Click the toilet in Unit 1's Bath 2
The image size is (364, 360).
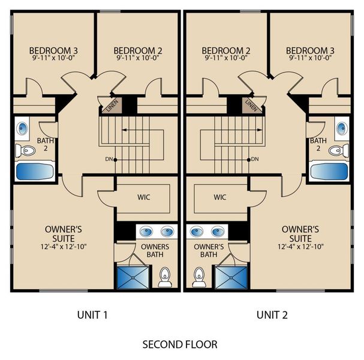point(25,150)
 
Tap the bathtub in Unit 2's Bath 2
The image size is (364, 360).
point(329,172)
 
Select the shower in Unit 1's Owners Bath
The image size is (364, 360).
point(133,277)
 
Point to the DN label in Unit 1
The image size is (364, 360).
point(109,160)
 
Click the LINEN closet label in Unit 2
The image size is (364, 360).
point(251,105)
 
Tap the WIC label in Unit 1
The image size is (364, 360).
point(144,197)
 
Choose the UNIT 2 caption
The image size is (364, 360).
point(272,315)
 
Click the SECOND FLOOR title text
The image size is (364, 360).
point(180,344)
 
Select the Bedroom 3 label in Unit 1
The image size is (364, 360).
point(53,50)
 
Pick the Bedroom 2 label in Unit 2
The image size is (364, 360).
point(226,50)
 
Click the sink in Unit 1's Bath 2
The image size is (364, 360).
point(23,128)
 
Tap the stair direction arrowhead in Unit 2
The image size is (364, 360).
point(260,130)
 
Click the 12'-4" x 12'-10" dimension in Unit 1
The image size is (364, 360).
point(64,247)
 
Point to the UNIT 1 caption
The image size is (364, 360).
point(92,315)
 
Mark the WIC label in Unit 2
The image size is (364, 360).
point(220,197)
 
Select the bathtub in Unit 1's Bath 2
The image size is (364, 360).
point(35,172)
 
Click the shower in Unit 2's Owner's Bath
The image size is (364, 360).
point(231,277)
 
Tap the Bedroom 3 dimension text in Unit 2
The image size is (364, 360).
point(310,58)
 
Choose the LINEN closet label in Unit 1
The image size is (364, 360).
point(113,106)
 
